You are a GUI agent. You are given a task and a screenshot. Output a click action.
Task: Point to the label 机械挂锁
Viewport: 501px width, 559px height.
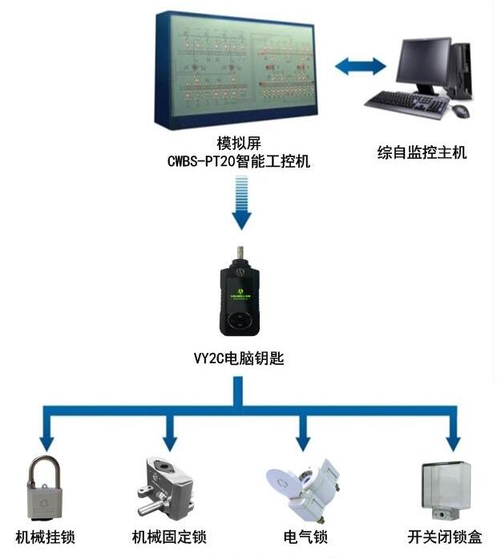[x=46, y=537]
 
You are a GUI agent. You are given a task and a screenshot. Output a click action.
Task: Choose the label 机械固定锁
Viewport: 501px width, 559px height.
[x=170, y=537]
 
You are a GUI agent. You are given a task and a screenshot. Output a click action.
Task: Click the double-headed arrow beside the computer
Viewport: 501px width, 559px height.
[x=361, y=66]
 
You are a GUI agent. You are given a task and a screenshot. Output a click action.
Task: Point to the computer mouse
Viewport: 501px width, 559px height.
[x=460, y=111]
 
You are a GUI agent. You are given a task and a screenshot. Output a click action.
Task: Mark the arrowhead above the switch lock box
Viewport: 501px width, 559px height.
[x=454, y=440]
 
